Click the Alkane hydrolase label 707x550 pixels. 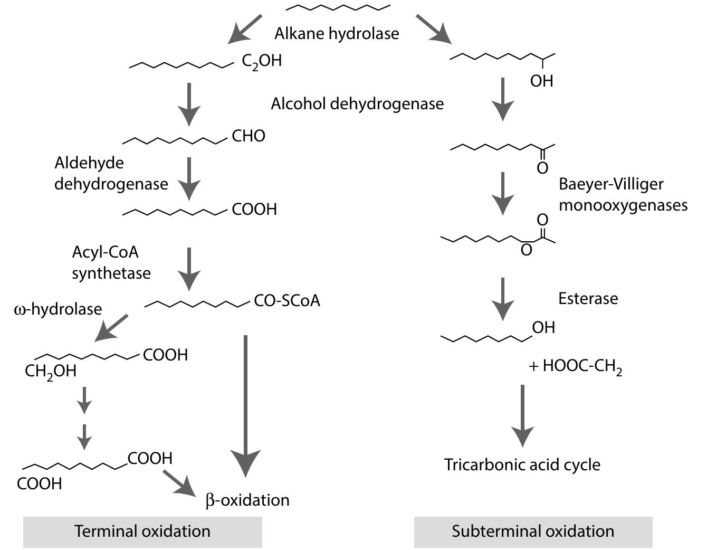337,34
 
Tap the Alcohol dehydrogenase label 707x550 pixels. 357,103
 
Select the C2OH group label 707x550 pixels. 262,61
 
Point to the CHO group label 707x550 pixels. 249,136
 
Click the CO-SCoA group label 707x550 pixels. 287,301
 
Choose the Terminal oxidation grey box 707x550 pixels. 142,532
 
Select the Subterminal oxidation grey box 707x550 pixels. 533,532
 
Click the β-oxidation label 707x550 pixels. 247,500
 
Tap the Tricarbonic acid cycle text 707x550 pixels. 522,465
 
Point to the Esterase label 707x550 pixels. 588,299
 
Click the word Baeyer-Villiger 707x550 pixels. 611,184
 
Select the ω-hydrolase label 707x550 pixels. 58,309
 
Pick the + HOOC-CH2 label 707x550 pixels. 576,366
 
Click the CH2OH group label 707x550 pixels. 51,372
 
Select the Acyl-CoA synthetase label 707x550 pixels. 111,262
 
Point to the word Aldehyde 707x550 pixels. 89,163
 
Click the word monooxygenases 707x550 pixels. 623,205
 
